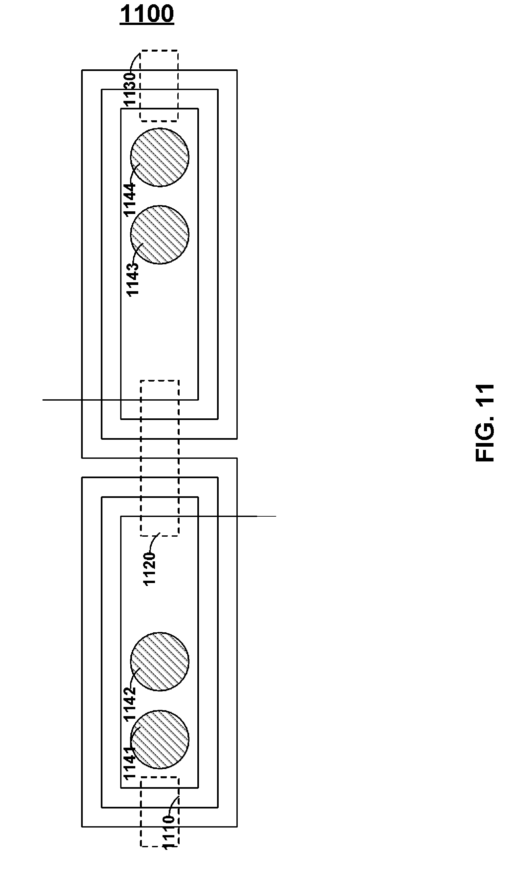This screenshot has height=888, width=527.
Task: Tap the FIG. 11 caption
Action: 484,423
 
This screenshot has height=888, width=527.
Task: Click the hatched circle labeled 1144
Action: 160,157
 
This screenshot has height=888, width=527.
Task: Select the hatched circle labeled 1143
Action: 160,235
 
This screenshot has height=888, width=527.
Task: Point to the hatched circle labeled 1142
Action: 160,662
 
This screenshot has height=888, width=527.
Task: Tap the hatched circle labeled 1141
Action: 160,739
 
